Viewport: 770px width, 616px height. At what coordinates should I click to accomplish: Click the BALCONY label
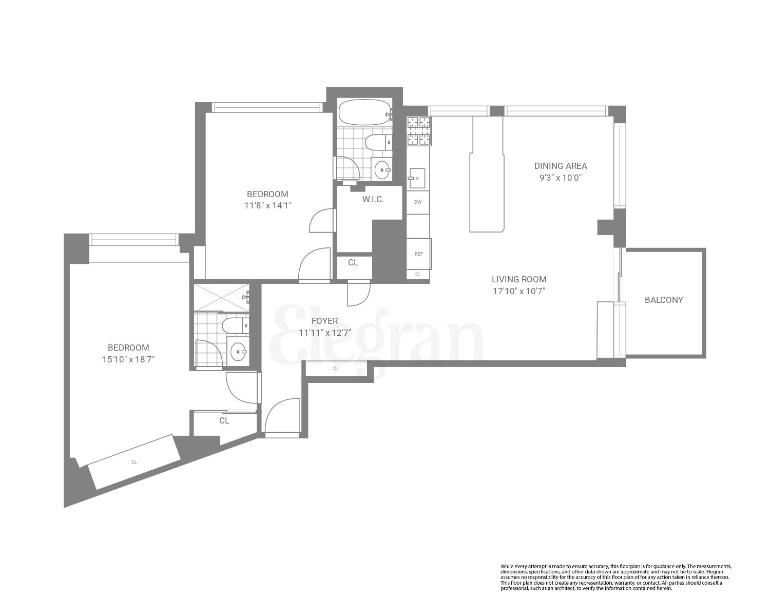tap(664, 300)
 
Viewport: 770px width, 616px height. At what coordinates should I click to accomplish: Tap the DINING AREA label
tap(561, 166)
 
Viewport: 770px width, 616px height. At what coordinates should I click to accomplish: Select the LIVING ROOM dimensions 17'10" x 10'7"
tap(519, 291)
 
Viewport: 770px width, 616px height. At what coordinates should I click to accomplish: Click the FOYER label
tap(324, 321)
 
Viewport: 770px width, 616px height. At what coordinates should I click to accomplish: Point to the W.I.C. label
tap(373, 199)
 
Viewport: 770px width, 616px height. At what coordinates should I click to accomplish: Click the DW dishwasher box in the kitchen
tap(418, 202)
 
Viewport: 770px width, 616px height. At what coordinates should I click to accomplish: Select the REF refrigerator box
tap(419, 254)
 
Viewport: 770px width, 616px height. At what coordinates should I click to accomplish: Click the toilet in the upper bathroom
tap(378, 142)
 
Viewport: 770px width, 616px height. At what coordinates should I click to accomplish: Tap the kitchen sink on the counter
tap(417, 178)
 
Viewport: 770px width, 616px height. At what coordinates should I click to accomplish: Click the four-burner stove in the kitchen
tap(418, 130)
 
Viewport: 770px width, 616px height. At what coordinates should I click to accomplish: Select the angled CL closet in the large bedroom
tap(134, 462)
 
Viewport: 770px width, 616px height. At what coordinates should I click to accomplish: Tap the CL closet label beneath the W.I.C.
tap(353, 263)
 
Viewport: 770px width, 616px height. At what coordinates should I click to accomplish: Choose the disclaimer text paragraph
tap(615, 577)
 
